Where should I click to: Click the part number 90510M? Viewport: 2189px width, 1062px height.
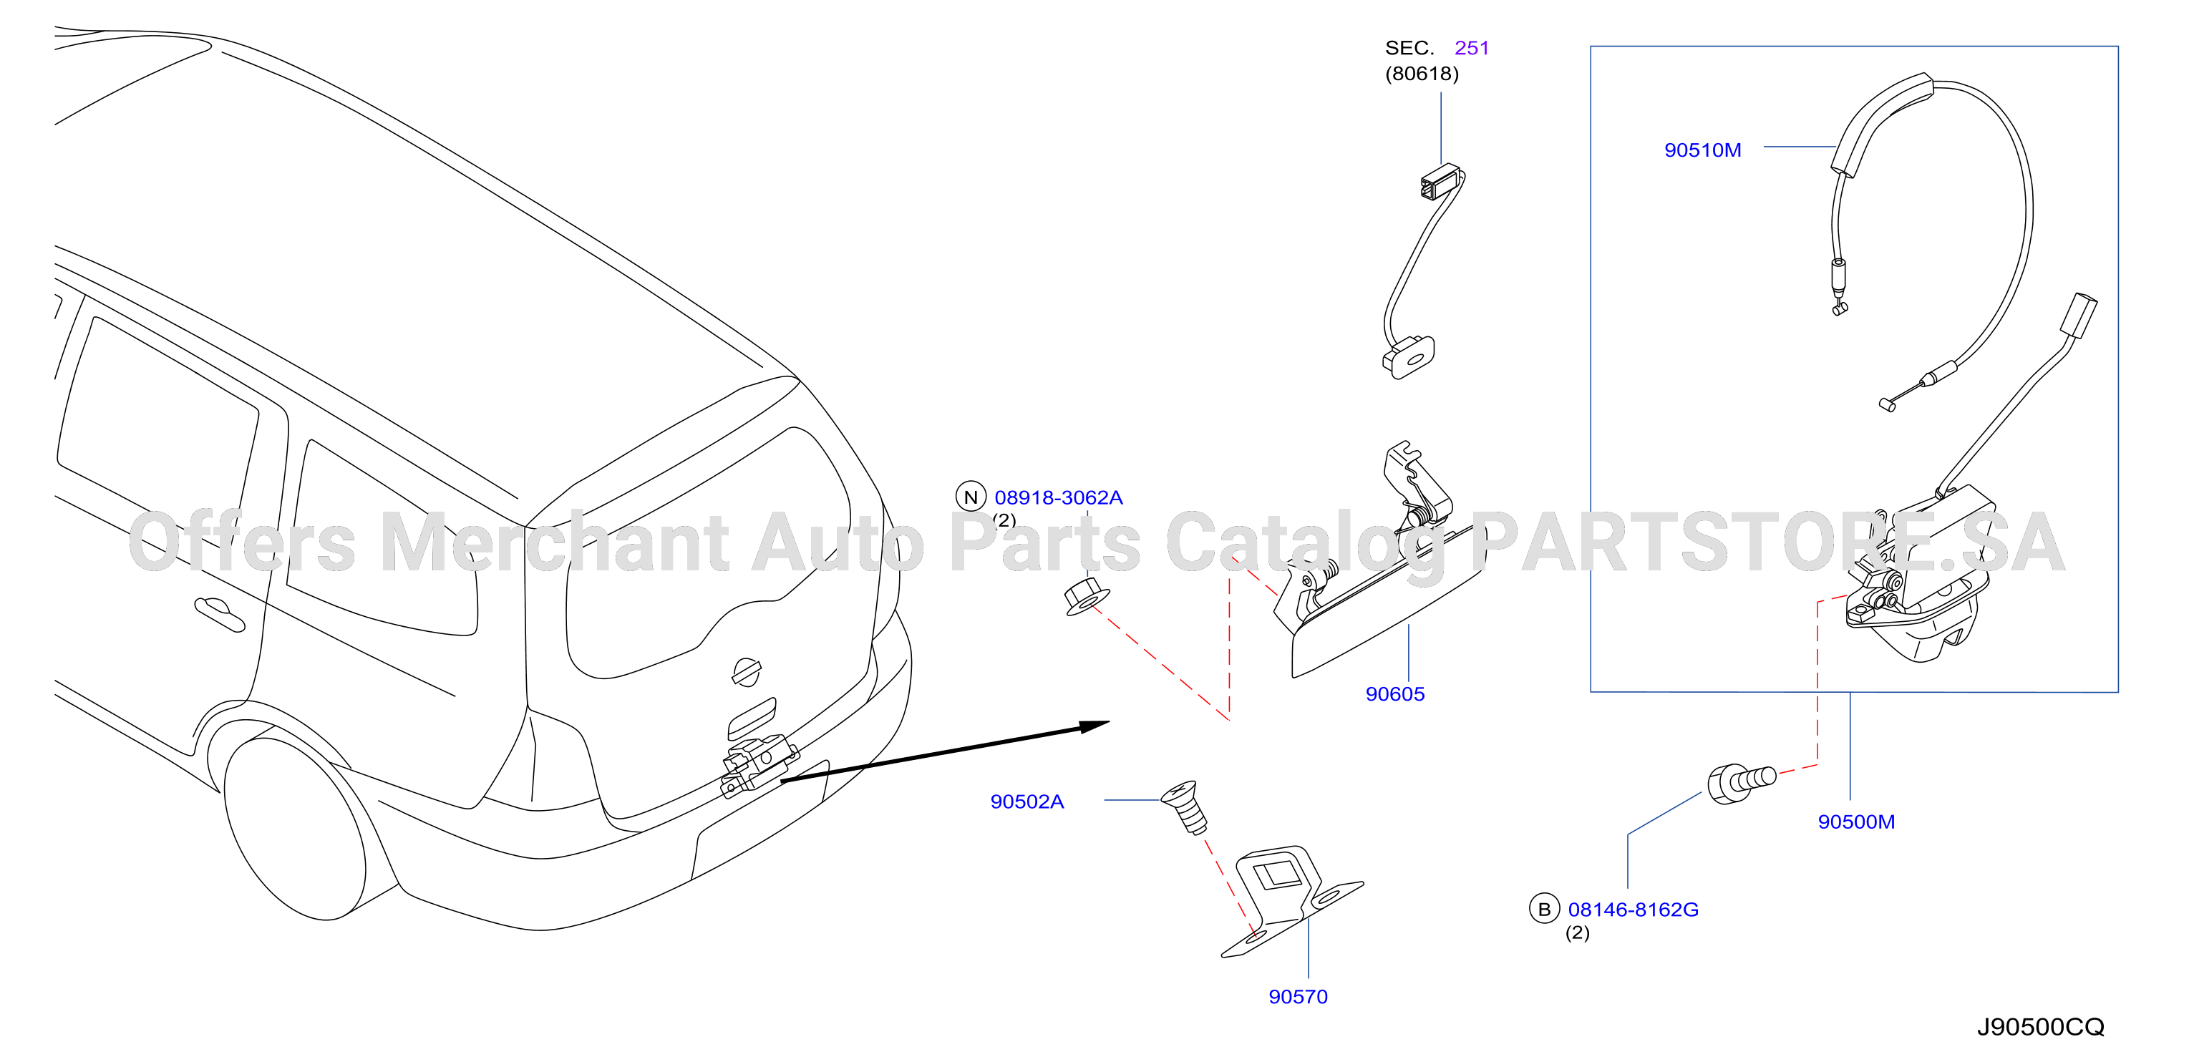pos(1702,150)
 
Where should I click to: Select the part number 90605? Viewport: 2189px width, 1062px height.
pos(1394,694)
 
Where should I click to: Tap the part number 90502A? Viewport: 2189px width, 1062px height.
pos(1026,802)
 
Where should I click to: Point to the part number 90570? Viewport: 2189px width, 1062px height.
pos(1298,997)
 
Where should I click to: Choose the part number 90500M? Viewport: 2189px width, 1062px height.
pos(1856,822)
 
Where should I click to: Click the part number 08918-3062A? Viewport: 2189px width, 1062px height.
pos(1059,497)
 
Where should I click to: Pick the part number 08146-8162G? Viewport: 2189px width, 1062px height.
pos(1634,909)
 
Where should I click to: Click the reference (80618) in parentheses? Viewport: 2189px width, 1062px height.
pos(1422,74)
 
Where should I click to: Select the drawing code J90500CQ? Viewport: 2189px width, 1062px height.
pos(2040,1027)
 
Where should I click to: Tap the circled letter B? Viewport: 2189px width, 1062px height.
pos(1544,909)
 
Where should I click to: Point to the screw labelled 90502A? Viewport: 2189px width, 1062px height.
pos(1185,808)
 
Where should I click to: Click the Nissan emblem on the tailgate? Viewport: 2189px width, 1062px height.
pos(746,671)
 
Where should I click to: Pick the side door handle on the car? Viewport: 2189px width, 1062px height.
pos(219,614)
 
